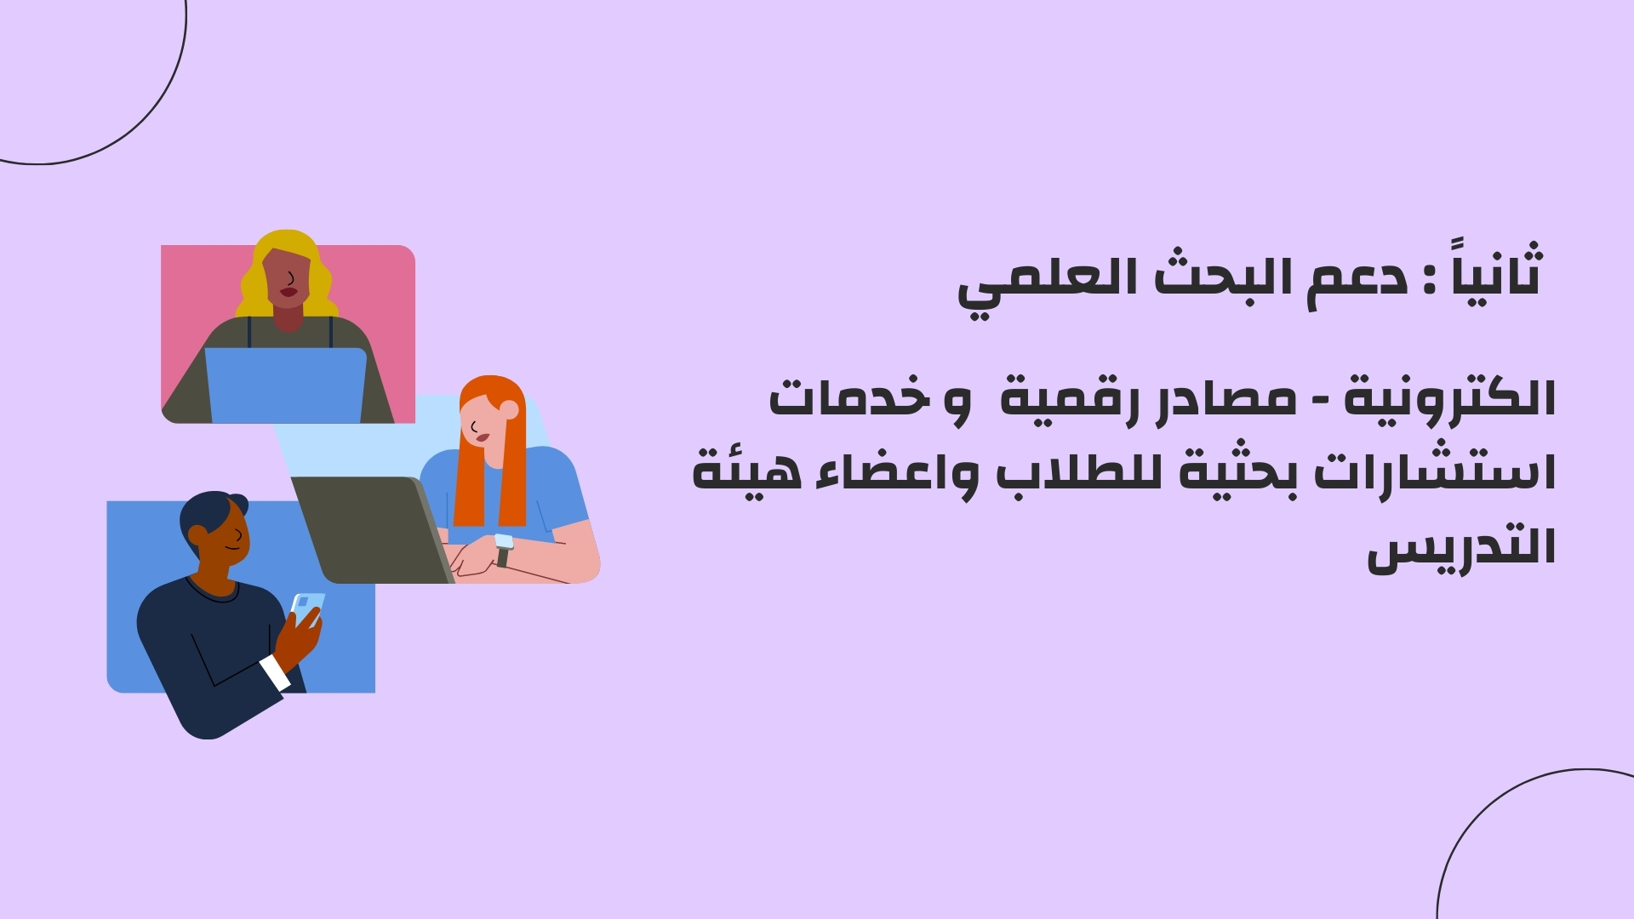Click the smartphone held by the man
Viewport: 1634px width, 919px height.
(307, 608)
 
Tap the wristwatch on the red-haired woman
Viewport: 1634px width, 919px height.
(504, 549)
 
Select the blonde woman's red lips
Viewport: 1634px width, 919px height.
(289, 292)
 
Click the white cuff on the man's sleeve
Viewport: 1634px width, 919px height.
(275, 672)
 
